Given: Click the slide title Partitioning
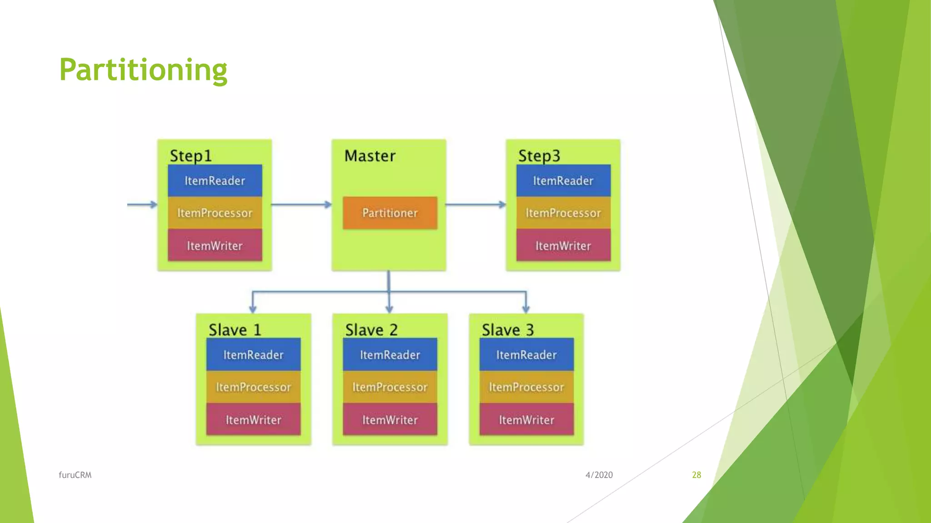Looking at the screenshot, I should (143, 70).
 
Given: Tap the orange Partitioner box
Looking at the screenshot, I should (390, 213).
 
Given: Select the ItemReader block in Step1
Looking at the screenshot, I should (215, 181).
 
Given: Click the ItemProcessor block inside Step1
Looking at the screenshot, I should (215, 213).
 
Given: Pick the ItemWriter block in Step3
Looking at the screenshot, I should (563, 246).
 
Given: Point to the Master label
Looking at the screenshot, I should (370, 156).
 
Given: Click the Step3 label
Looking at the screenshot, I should (539, 156).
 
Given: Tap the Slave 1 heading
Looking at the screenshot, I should (235, 330).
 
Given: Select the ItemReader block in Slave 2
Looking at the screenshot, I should (390, 355).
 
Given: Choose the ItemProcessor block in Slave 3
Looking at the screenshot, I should (526, 387).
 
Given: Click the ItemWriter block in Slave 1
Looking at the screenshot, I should (253, 419).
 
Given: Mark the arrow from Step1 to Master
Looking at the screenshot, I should (301, 205).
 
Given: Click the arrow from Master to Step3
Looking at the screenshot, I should (476, 205).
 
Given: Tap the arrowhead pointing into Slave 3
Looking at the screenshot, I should (526, 308).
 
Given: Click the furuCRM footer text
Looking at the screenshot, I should (75, 475).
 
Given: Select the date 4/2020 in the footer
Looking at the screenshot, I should (599, 475).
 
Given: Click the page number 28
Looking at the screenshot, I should (696, 475).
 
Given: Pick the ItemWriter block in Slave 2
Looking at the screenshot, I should (390, 419).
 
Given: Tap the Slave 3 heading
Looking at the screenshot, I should (508, 330).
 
